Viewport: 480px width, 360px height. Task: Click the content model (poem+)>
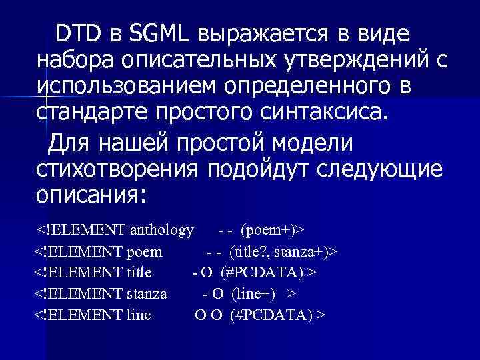[x=272, y=230]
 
